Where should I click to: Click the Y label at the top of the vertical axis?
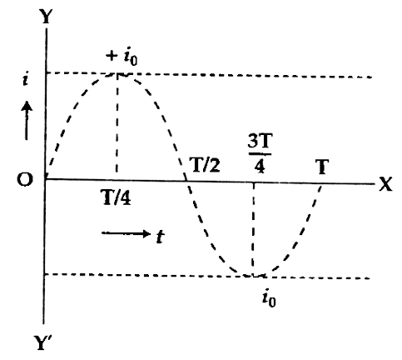[46, 17]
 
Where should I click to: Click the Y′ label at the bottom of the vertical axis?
[42, 342]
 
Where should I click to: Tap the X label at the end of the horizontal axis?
[385, 184]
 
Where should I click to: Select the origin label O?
[25, 179]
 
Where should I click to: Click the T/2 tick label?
[205, 166]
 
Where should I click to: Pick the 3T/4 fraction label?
[260, 153]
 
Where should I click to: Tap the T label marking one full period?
[322, 167]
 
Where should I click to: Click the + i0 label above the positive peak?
[122, 57]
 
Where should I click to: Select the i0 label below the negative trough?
[269, 299]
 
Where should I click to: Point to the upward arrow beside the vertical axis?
[27, 121]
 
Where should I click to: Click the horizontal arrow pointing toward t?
[126, 233]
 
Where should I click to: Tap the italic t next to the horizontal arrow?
[160, 237]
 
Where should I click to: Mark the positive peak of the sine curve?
[117, 74]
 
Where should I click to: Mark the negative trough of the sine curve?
[253, 276]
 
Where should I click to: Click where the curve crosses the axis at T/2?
[186, 181]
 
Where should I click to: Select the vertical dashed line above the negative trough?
[253, 229]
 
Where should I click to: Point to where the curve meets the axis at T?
[321, 183]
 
